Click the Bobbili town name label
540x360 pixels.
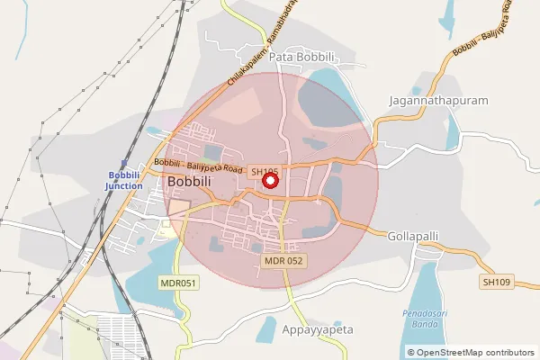click(191, 182)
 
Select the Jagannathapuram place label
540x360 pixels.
click(437, 101)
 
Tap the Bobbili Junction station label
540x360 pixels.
click(124, 180)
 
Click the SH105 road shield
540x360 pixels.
click(265, 171)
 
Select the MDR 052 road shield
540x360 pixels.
click(283, 261)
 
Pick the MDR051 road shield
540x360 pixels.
click(178, 282)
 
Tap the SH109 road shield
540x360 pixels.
click(496, 282)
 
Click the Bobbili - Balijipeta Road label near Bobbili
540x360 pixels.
click(198, 165)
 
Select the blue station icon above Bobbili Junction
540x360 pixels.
click(124, 164)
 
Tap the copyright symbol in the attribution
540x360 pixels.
click(411, 353)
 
